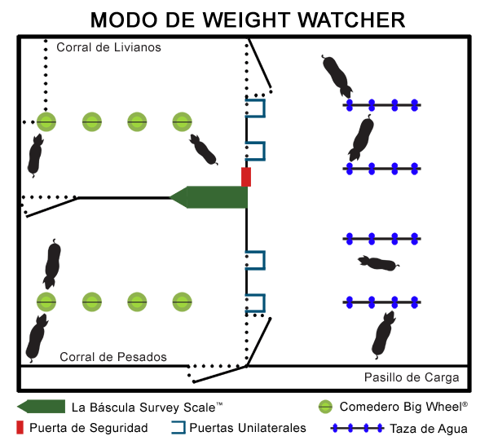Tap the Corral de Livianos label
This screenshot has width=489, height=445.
click(x=108, y=47)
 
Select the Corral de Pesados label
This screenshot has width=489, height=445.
click(x=113, y=357)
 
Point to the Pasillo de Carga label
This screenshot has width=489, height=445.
click(x=411, y=377)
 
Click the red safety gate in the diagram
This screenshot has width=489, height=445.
click(x=246, y=177)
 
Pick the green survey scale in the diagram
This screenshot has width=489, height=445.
click(x=210, y=197)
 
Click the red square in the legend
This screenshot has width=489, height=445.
click(x=21, y=427)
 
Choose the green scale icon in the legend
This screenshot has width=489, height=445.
click(x=40, y=406)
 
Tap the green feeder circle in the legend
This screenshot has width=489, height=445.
click(x=325, y=406)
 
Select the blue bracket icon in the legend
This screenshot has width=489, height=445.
click(x=178, y=427)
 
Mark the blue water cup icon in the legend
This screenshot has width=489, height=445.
click(x=359, y=428)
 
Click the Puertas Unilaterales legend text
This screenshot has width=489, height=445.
click(x=248, y=428)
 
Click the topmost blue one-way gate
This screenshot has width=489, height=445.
click(x=256, y=108)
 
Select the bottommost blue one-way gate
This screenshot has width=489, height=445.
click(x=256, y=304)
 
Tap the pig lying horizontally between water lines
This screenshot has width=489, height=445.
click(x=379, y=263)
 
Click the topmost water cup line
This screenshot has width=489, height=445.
click(x=381, y=105)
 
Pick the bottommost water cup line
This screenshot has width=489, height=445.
click(x=381, y=302)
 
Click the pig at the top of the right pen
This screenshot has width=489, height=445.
click(x=337, y=75)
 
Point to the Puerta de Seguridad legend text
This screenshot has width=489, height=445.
click(x=89, y=428)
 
